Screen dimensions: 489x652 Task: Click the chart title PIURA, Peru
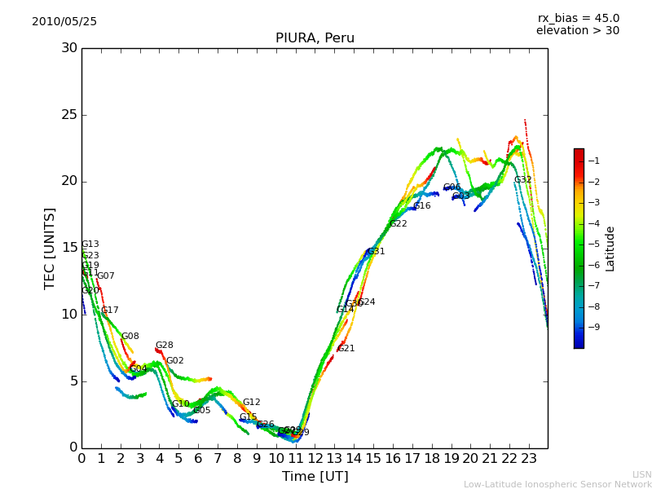click(x=315, y=38)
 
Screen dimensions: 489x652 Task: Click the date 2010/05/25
click(x=64, y=21)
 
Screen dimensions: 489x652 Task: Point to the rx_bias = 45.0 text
click(x=578, y=18)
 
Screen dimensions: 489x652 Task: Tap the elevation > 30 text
click(x=578, y=31)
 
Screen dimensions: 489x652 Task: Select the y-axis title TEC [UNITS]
click(x=51, y=248)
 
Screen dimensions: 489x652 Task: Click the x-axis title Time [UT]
click(x=315, y=477)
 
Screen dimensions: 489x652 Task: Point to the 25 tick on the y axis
click(x=69, y=115)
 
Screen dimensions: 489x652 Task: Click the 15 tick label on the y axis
click(x=69, y=248)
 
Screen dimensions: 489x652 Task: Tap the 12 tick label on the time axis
click(x=315, y=460)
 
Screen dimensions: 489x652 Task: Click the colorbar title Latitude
click(x=610, y=249)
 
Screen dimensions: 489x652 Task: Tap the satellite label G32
click(x=522, y=180)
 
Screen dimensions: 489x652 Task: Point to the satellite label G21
click(x=346, y=349)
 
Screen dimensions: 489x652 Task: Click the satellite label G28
click(x=164, y=346)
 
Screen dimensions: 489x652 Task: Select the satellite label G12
click(x=251, y=403)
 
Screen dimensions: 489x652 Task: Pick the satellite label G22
click(x=398, y=224)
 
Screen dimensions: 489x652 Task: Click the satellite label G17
click(x=109, y=311)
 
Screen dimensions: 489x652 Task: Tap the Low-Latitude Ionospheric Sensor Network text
click(x=557, y=484)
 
